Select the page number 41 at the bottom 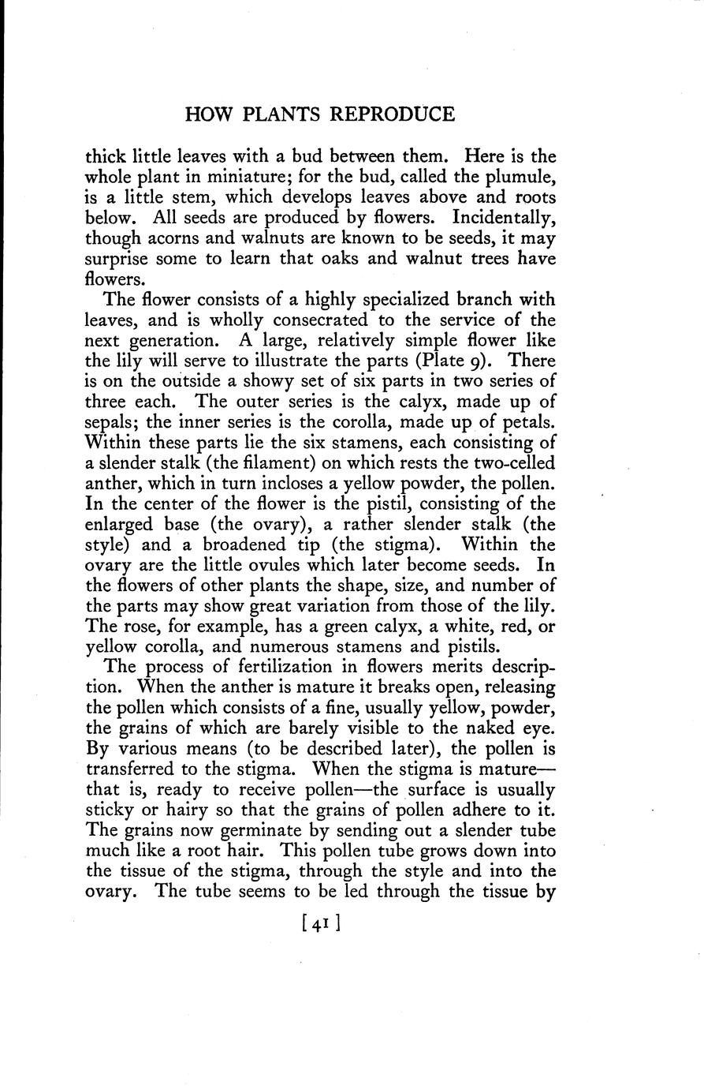click(319, 922)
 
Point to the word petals click(527, 422)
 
